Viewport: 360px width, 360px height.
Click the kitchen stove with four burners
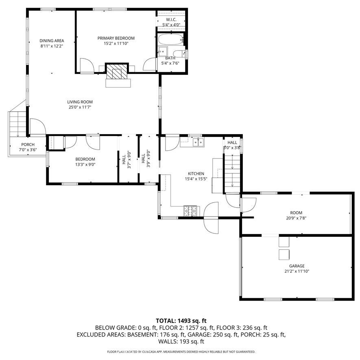[x=190, y=210]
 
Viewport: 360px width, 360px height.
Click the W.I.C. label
[x=171, y=20]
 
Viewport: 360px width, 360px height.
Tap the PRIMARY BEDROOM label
[x=116, y=38]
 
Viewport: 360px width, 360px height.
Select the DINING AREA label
[x=51, y=41]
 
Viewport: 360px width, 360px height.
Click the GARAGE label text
[x=297, y=266]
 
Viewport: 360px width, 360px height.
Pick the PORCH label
[x=28, y=145]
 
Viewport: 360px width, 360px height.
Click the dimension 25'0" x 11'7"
[x=80, y=107]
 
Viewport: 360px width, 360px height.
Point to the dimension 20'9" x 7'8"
[x=296, y=218]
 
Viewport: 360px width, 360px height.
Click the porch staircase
[x=17, y=124]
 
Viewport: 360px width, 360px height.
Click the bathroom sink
[x=163, y=51]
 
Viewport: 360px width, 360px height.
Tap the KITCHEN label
[x=196, y=173]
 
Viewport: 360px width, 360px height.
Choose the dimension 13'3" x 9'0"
[x=85, y=164]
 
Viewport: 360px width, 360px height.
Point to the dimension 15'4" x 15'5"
[x=196, y=179]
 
